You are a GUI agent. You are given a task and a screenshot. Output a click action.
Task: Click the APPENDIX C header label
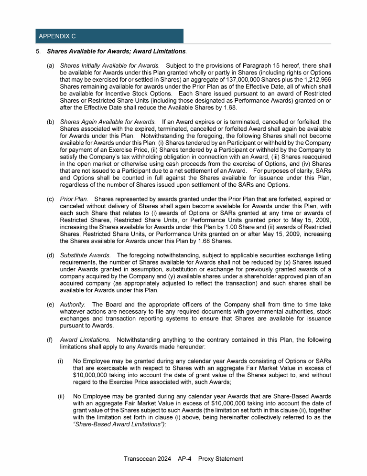pyautogui.click(x=57, y=36)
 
